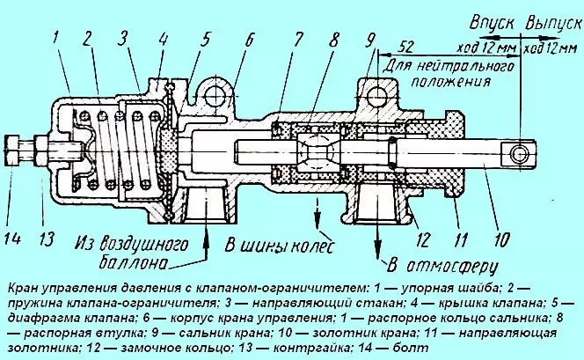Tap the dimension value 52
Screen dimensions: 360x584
(x=406, y=47)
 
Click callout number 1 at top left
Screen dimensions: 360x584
(x=55, y=37)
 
